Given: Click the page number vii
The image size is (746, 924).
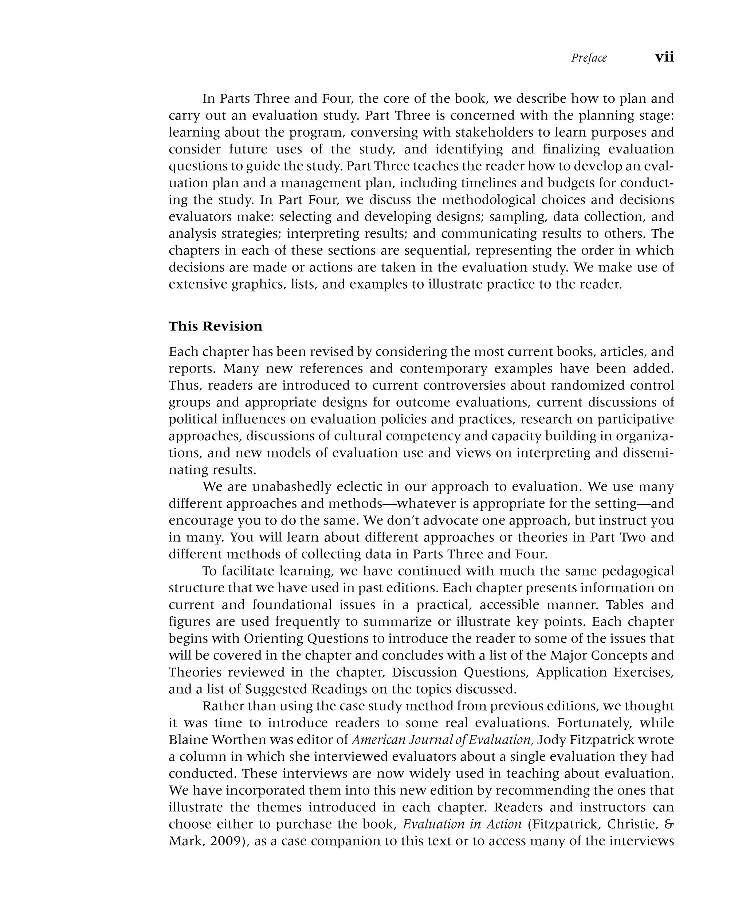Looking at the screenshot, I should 664,57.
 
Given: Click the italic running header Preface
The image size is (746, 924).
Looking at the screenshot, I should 588,58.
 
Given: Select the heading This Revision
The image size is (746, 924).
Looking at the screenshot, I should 215,326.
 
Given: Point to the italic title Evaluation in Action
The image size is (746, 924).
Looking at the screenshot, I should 462,824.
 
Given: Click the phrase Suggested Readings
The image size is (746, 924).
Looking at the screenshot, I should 306,689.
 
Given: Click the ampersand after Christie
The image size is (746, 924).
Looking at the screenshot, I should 670,824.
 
